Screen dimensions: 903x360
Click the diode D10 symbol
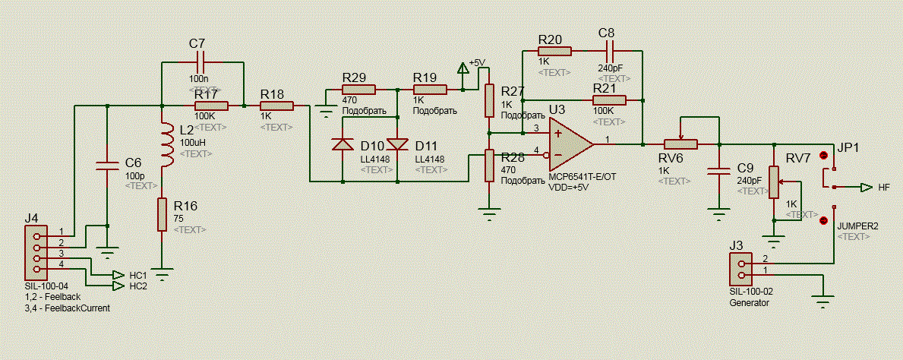coord(343,144)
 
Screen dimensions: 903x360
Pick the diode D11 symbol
coord(397,144)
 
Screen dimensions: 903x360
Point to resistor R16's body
coord(163,214)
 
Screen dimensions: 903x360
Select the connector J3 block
coord(740,268)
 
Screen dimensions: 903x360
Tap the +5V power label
coord(478,63)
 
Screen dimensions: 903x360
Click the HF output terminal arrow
coord(867,187)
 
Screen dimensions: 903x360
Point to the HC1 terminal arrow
coord(118,275)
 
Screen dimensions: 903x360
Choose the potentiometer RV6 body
coord(680,144)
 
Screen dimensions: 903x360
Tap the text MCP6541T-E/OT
coord(583,178)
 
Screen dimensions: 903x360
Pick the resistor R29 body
coord(358,90)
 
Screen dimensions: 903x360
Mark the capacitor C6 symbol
coord(107,166)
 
